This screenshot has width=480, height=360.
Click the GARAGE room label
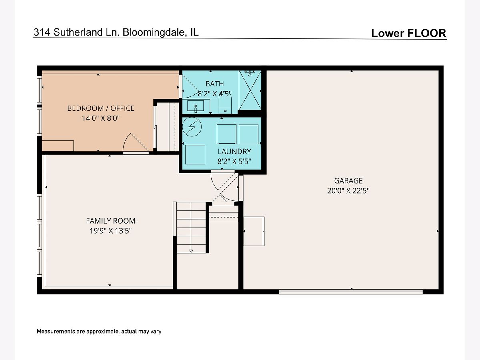(x=348, y=181)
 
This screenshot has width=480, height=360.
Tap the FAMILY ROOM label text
(x=111, y=221)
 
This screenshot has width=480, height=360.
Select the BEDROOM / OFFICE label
(x=101, y=108)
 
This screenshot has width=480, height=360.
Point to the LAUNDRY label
(x=234, y=152)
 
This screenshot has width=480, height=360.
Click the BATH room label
(x=214, y=84)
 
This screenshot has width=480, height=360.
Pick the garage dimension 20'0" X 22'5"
(x=348, y=191)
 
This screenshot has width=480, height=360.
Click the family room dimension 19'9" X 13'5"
(x=111, y=231)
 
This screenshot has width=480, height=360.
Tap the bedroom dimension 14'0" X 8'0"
(x=101, y=118)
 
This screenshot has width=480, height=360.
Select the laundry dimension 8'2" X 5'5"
(x=234, y=162)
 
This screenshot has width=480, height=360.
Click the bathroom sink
(x=196, y=106)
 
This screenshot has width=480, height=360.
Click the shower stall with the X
(x=250, y=90)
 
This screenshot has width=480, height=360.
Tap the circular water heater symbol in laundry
(x=192, y=127)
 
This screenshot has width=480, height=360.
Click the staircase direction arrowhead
(x=191, y=251)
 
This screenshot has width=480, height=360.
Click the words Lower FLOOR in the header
(x=409, y=33)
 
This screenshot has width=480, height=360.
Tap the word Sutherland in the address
(x=78, y=32)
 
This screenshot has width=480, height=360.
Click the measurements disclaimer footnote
(x=99, y=331)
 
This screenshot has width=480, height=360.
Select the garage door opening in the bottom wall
(x=351, y=292)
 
